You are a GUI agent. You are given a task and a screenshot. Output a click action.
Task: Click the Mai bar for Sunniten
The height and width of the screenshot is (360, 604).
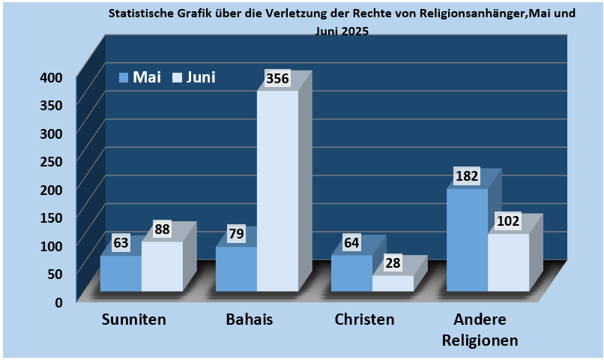coord(121,273)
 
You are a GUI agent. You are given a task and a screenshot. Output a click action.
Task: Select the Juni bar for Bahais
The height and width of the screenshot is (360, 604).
coord(277,191)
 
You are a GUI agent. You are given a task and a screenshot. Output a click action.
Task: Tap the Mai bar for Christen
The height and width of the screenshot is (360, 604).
coord(351,273)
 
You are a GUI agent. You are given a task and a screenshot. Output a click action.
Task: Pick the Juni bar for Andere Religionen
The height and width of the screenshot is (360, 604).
coord(508,262)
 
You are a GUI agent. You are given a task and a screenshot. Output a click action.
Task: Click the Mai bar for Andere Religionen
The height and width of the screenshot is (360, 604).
coord(467,240)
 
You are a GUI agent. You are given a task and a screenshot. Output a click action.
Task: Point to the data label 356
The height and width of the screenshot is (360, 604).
coord(278,79)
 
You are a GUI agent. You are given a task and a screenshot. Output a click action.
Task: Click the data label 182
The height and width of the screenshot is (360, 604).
coord(467,178)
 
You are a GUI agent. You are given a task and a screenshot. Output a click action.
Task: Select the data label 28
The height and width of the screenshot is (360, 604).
coord(393,263)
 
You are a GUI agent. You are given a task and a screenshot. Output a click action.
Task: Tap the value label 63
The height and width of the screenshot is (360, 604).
coord(121,244)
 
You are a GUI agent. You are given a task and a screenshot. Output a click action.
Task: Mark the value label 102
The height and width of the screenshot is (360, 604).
coord(509,222)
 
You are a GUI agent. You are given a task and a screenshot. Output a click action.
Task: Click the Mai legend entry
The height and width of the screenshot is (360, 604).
coord(140,77)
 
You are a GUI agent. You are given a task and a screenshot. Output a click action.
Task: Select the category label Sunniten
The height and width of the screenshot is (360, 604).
coord(134,319)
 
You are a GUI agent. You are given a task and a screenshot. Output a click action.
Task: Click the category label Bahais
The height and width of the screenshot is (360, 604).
coord(250,319)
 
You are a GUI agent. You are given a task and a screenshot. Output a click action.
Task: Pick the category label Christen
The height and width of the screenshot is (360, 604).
coord(364,319)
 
